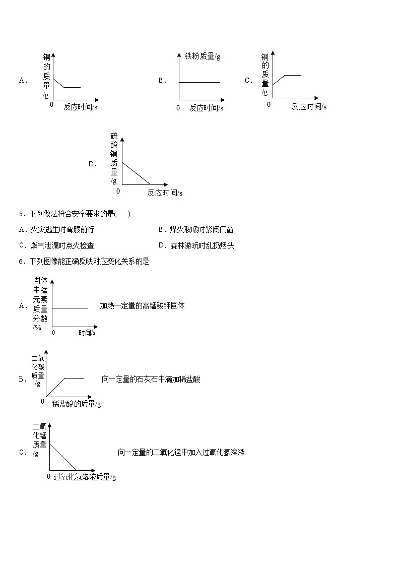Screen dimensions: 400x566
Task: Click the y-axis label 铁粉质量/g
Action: coord(202,56)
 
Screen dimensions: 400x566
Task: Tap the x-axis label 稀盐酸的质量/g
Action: coord(77,403)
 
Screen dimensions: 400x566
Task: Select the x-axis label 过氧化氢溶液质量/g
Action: coord(85,477)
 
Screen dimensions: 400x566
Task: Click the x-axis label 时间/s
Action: coord(87,333)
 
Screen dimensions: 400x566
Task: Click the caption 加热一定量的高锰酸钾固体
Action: coord(142,305)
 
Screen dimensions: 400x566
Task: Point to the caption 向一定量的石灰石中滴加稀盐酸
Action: coord(151,379)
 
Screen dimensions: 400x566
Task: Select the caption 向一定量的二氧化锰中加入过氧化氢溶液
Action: coord(181,453)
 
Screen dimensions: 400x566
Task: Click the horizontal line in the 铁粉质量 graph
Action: coord(199,82)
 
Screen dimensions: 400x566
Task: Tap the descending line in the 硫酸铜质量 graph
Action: coord(136,173)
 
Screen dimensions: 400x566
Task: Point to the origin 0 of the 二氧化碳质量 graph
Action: coord(43,401)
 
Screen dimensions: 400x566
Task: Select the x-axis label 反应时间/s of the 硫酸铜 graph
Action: coord(165,193)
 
